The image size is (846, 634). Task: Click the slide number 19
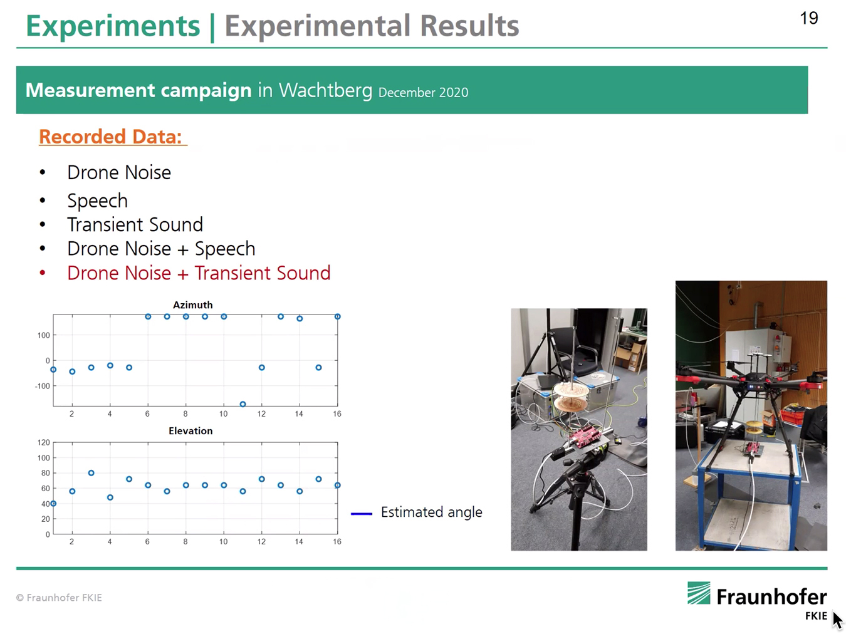808,18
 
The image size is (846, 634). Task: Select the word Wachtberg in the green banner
325,91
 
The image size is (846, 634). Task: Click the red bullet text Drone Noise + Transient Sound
199,273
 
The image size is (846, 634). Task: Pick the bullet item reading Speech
97,200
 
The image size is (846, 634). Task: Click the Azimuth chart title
193,304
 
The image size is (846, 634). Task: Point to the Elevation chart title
191,430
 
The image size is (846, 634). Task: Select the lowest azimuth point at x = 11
243,404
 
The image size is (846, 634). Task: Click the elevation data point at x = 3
91,473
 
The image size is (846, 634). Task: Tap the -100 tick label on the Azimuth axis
43,386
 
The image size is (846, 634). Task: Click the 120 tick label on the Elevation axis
43,442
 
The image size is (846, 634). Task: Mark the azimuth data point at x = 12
262,368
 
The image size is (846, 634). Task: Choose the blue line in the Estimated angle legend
362,514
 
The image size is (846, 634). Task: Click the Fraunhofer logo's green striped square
699,593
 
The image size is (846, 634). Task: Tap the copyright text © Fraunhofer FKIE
59,598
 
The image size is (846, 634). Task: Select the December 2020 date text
423,93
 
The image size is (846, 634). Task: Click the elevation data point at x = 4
110,497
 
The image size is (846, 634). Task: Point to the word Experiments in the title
113,26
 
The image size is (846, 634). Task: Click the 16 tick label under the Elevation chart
337,541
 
